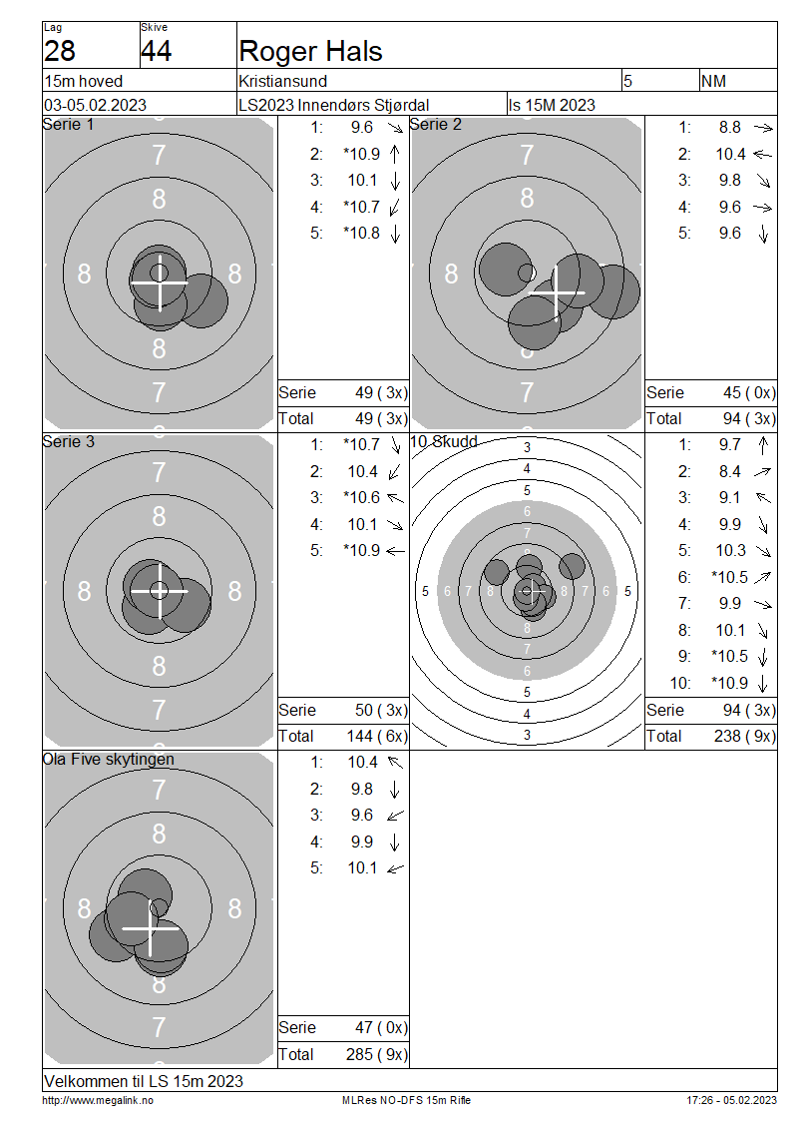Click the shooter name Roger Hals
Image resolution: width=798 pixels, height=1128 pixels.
310,51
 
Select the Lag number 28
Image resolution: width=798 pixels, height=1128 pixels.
60,51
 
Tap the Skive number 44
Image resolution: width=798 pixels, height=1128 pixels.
156,51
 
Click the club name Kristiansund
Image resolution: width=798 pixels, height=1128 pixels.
283,81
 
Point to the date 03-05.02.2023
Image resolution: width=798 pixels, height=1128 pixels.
96,105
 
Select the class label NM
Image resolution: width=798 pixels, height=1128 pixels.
713,81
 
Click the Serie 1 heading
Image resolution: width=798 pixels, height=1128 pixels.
68,125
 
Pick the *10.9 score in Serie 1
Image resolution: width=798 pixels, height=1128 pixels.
362,154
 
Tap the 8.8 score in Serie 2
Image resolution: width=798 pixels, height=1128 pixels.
730,128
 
